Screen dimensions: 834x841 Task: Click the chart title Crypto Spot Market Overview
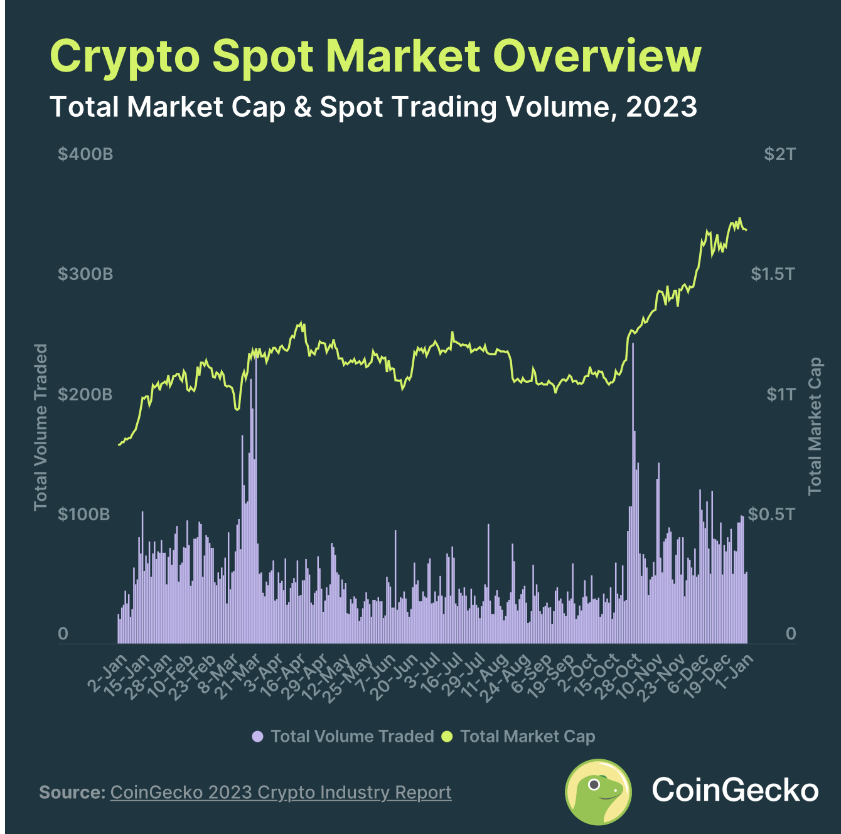375,56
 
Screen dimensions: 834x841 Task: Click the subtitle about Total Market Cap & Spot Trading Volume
373,107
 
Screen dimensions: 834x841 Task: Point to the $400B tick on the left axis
85,154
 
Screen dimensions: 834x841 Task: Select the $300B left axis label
85,274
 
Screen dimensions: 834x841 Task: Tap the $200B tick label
85,394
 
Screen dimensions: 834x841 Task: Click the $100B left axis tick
84,514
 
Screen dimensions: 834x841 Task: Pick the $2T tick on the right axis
779,154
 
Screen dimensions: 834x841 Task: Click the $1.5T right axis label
773,274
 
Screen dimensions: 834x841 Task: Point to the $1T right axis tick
780,394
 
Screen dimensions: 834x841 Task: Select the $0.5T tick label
771,514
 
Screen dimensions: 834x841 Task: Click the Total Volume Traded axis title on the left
41,427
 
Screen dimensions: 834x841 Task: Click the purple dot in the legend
257,736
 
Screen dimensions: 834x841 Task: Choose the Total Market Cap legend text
527,736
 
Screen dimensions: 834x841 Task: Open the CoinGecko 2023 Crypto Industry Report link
281,792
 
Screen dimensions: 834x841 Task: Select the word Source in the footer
72,792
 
